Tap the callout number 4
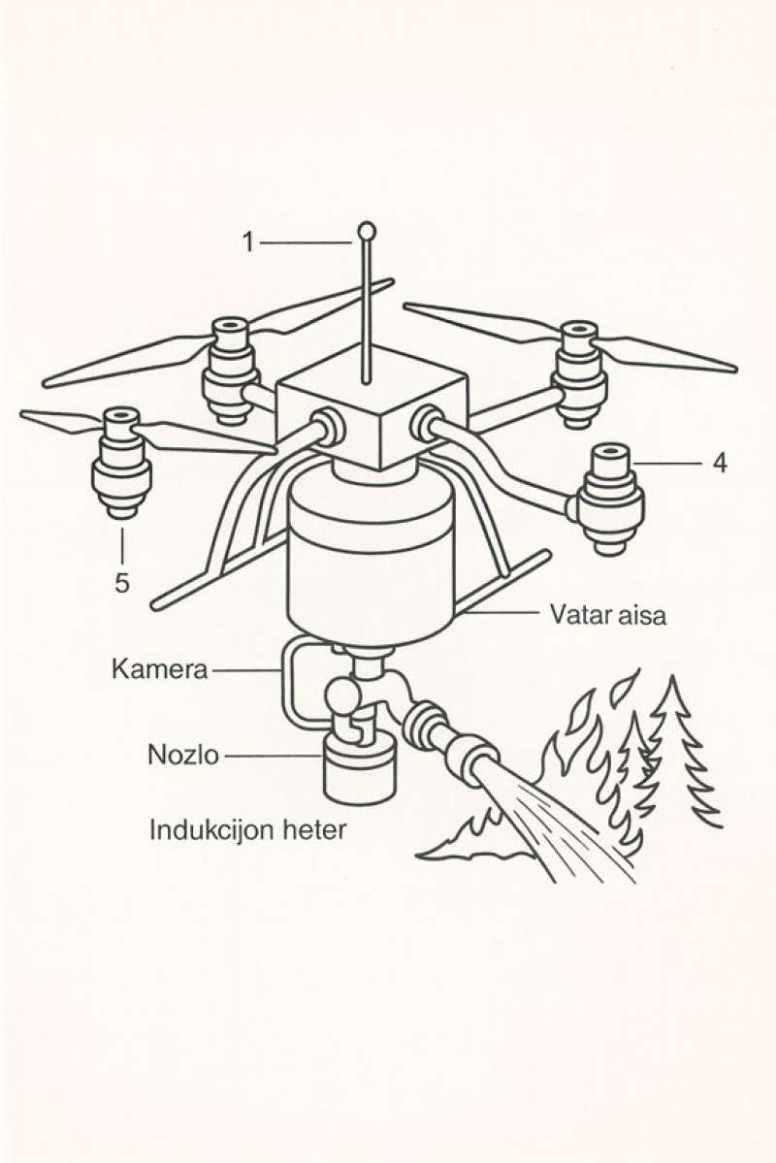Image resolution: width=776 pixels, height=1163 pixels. tap(719, 464)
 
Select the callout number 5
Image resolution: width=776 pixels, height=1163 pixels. tap(122, 582)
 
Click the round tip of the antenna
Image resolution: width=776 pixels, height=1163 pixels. tap(367, 231)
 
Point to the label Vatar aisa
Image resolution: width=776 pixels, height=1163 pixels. tap(608, 614)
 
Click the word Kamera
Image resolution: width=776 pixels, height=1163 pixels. tap(160, 669)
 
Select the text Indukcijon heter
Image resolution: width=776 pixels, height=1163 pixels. tap(247, 830)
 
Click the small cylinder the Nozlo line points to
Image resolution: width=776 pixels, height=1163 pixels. tap(360, 771)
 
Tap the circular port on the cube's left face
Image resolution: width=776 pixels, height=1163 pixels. tap(325, 427)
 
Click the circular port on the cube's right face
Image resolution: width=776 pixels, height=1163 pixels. tap(426, 423)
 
